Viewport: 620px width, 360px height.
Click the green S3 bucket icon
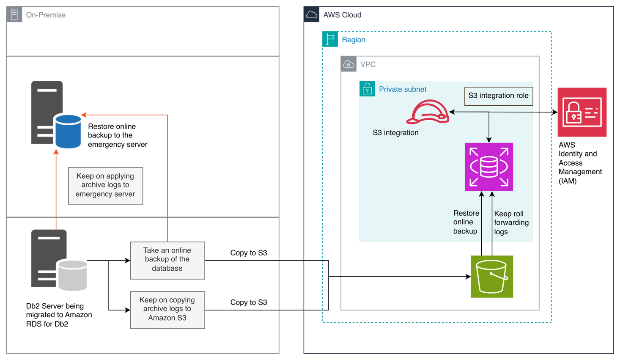pos(492,277)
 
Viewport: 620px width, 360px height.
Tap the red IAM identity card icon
pos(582,112)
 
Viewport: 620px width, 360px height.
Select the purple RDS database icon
pos(489,167)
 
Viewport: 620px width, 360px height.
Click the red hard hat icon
pos(428,112)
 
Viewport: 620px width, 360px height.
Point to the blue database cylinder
pos(68,131)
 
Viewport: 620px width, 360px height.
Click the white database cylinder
pos(73,275)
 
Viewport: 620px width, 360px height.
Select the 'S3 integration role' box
pos(498,96)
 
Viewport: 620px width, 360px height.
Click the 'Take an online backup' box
pos(167,260)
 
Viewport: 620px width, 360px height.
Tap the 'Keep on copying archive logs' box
pos(167,309)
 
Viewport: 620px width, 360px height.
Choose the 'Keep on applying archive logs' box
pos(105,185)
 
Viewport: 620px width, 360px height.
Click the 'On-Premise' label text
pos(46,15)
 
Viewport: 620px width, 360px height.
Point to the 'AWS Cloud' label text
pos(342,15)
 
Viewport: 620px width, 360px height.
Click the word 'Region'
pos(354,40)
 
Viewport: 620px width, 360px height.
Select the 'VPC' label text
pos(368,65)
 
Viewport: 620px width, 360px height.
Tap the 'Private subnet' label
pos(403,89)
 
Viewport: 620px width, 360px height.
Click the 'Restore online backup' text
pos(466,222)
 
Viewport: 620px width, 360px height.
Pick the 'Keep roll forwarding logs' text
pos(511,223)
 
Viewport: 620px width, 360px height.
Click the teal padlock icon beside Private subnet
pos(367,89)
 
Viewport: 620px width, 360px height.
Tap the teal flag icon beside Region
pos(330,39)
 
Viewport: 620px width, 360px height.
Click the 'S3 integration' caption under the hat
pos(395,133)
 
